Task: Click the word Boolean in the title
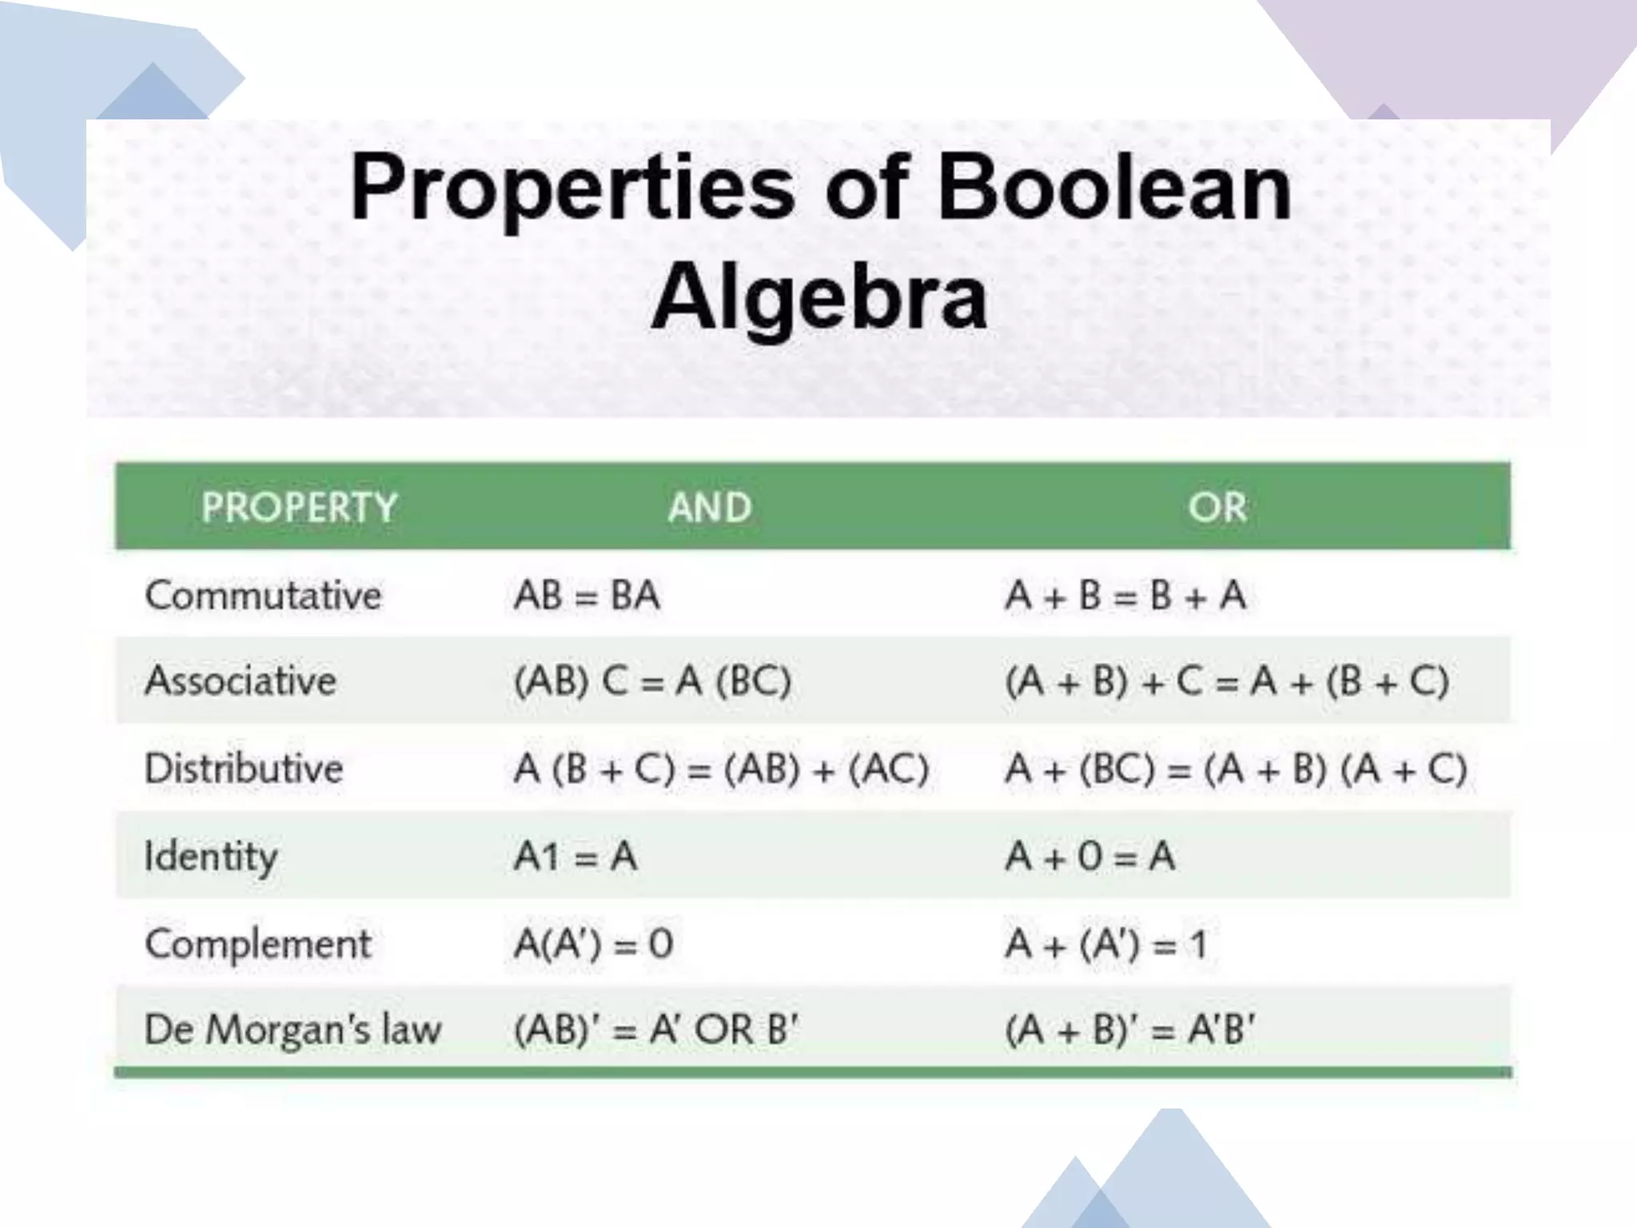click(x=1114, y=189)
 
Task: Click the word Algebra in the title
click(x=819, y=297)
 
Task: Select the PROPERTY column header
click(x=299, y=507)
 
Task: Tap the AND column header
click(x=710, y=507)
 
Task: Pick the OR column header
click(x=1217, y=507)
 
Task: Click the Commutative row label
click(x=263, y=596)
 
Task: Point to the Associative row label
click(x=241, y=681)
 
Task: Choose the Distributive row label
click(x=244, y=769)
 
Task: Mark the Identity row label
click(x=211, y=857)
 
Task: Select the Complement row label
click(x=258, y=944)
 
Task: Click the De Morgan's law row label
click(x=293, y=1030)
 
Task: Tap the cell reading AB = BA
click(x=587, y=596)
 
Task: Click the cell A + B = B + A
click(x=1125, y=596)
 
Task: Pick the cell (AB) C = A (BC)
click(x=652, y=682)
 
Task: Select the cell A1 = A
click(x=576, y=857)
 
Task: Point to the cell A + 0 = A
click(x=1090, y=857)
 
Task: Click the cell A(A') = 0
click(x=593, y=944)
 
